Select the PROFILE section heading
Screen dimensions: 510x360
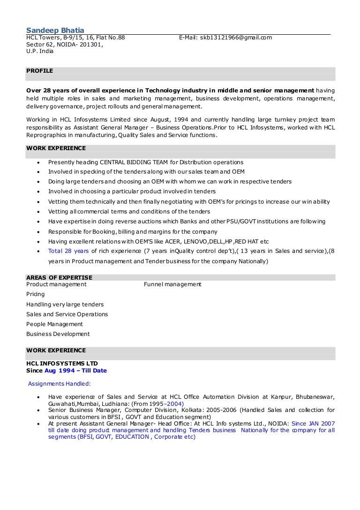pos(39,71)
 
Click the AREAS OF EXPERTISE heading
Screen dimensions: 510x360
pos(59,277)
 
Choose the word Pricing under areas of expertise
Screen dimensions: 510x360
pos(36,294)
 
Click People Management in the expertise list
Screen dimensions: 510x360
pos(54,324)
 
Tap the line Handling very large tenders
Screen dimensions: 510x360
pos(65,304)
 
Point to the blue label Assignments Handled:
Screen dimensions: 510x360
pos(59,384)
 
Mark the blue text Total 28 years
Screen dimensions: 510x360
pos(69,251)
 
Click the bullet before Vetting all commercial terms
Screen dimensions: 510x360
pos(38,212)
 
